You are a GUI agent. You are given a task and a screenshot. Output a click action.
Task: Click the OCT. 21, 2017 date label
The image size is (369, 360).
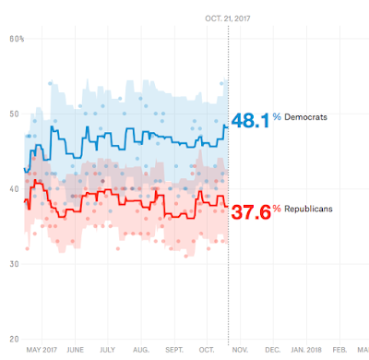point(228,18)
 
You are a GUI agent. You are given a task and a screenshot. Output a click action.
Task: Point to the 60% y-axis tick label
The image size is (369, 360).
point(17,39)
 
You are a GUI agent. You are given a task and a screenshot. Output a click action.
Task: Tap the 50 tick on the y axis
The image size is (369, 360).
point(14,114)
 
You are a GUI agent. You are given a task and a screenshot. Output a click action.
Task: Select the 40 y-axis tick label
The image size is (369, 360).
point(14,189)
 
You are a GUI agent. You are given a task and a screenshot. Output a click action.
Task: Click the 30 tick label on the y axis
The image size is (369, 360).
point(14,264)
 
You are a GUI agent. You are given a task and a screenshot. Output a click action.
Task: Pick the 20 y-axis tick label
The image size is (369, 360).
point(14,339)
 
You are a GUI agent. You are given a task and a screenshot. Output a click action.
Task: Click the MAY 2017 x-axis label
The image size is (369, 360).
point(42,350)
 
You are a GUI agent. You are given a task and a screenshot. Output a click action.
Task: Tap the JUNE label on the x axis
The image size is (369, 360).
point(75,350)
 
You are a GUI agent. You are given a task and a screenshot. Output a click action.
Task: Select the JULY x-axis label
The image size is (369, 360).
point(107,350)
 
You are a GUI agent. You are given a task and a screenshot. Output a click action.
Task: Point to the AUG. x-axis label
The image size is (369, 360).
point(141,350)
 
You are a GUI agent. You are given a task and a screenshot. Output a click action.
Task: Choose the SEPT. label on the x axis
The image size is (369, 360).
point(174,350)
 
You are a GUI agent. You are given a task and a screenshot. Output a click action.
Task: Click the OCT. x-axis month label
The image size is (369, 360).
point(207,350)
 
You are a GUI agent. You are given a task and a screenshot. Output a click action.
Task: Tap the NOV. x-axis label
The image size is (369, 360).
point(240,350)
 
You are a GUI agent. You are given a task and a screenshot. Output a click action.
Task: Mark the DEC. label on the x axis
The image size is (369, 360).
point(273,350)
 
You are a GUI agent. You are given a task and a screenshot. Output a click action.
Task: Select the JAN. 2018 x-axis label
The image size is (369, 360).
point(306,350)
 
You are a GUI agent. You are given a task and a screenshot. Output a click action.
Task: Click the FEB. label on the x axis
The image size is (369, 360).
point(339,350)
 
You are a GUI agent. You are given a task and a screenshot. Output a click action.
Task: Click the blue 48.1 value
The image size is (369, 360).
point(251,120)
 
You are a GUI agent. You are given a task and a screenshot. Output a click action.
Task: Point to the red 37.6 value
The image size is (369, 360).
point(251,212)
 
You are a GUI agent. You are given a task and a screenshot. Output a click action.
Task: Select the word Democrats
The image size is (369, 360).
point(305,117)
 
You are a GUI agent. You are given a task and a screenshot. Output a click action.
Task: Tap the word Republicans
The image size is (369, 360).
point(308,209)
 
